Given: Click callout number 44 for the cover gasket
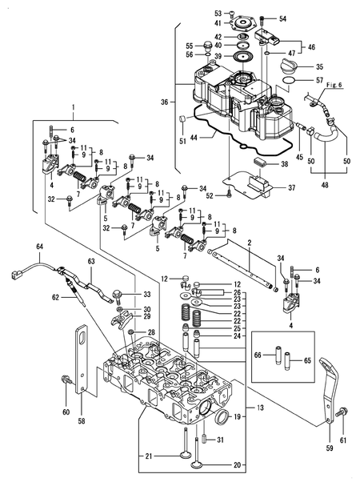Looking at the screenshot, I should [193, 139].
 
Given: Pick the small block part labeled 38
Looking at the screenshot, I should [257, 163].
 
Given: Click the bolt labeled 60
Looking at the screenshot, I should [65, 379].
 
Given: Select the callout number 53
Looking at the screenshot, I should [217, 14].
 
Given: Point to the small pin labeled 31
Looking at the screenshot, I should [206, 438].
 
